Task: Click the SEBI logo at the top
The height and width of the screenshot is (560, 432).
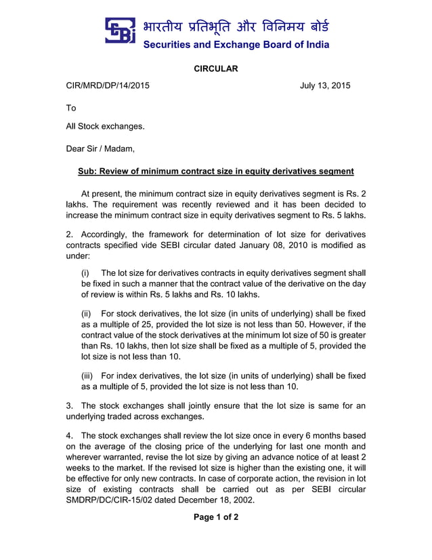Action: (x=120, y=31)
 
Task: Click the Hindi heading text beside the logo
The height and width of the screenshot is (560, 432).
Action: (x=236, y=26)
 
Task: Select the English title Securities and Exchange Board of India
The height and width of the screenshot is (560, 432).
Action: (x=236, y=45)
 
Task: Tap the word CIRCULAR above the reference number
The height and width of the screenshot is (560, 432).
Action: (x=216, y=69)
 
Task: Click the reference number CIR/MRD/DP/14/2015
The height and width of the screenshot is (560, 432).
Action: (x=108, y=86)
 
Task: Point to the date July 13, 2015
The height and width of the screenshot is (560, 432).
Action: (x=325, y=86)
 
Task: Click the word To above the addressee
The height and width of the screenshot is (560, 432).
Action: (x=71, y=108)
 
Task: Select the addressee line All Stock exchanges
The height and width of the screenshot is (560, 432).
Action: (x=105, y=126)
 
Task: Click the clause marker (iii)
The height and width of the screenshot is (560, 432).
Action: (x=87, y=376)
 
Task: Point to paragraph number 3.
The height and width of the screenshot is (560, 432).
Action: (x=69, y=405)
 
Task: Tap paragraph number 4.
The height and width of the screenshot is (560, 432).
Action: (x=69, y=435)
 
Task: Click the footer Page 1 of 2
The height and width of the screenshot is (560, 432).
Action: (x=216, y=517)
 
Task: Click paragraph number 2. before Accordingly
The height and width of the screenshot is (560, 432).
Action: (x=69, y=234)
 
